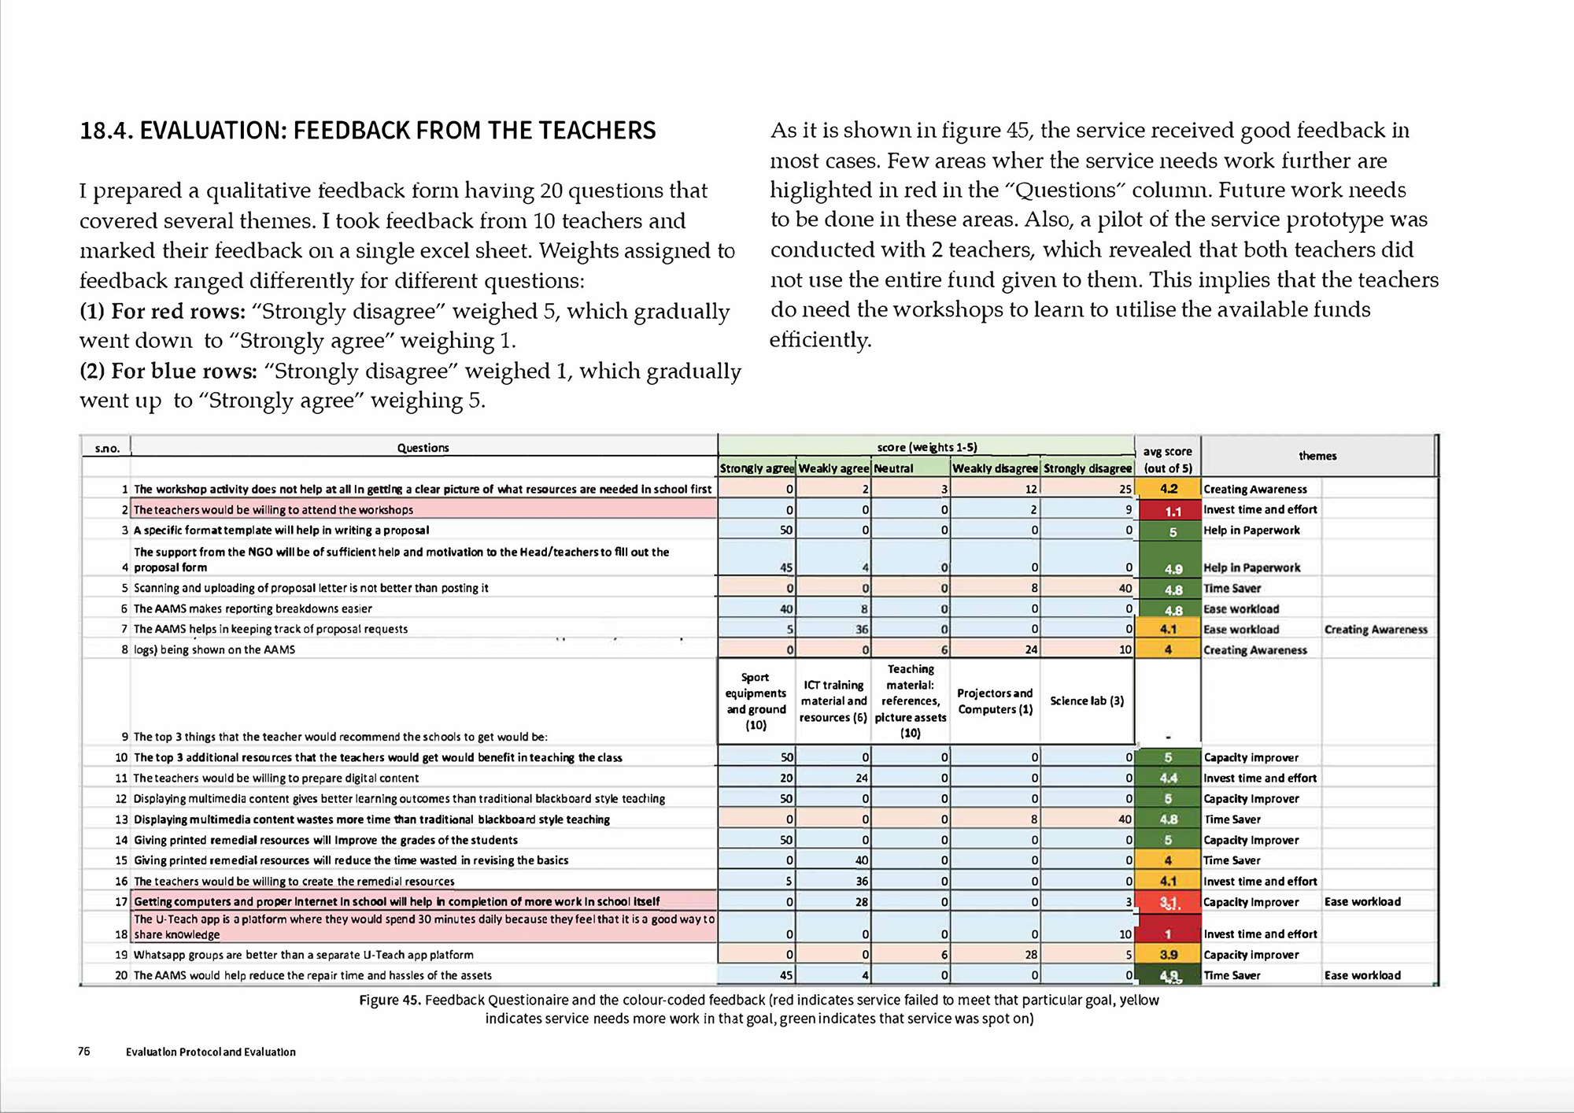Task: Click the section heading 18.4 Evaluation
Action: tap(368, 131)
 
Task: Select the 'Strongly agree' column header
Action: tap(756, 468)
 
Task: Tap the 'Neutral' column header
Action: tap(894, 468)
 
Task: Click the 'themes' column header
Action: tap(1317, 456)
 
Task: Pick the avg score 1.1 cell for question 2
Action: tap(1169, 511)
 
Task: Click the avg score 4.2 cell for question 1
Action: tap(1169, 489)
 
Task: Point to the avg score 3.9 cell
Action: tap(1169, 955)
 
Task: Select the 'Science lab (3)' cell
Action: tap(1087, 701)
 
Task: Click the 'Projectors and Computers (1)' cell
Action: tap(995, 701)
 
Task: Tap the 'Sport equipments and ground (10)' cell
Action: tap(756, 701)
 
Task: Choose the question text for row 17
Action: tap(397, 902)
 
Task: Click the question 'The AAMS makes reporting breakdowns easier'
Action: tap(253, 608)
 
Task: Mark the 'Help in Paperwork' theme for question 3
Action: tap(1251, 531)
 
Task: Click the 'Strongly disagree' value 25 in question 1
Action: tap(1125, 489)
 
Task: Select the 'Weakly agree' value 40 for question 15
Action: tap(861, 860)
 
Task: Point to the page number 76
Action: tap(84, 1052)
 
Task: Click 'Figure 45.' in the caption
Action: tap(390, 1000)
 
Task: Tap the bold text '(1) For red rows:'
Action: tap(163, 312)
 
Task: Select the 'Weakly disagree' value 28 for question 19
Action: tap(1030, 955)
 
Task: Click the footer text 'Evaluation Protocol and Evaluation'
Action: tap(211, 1052)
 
